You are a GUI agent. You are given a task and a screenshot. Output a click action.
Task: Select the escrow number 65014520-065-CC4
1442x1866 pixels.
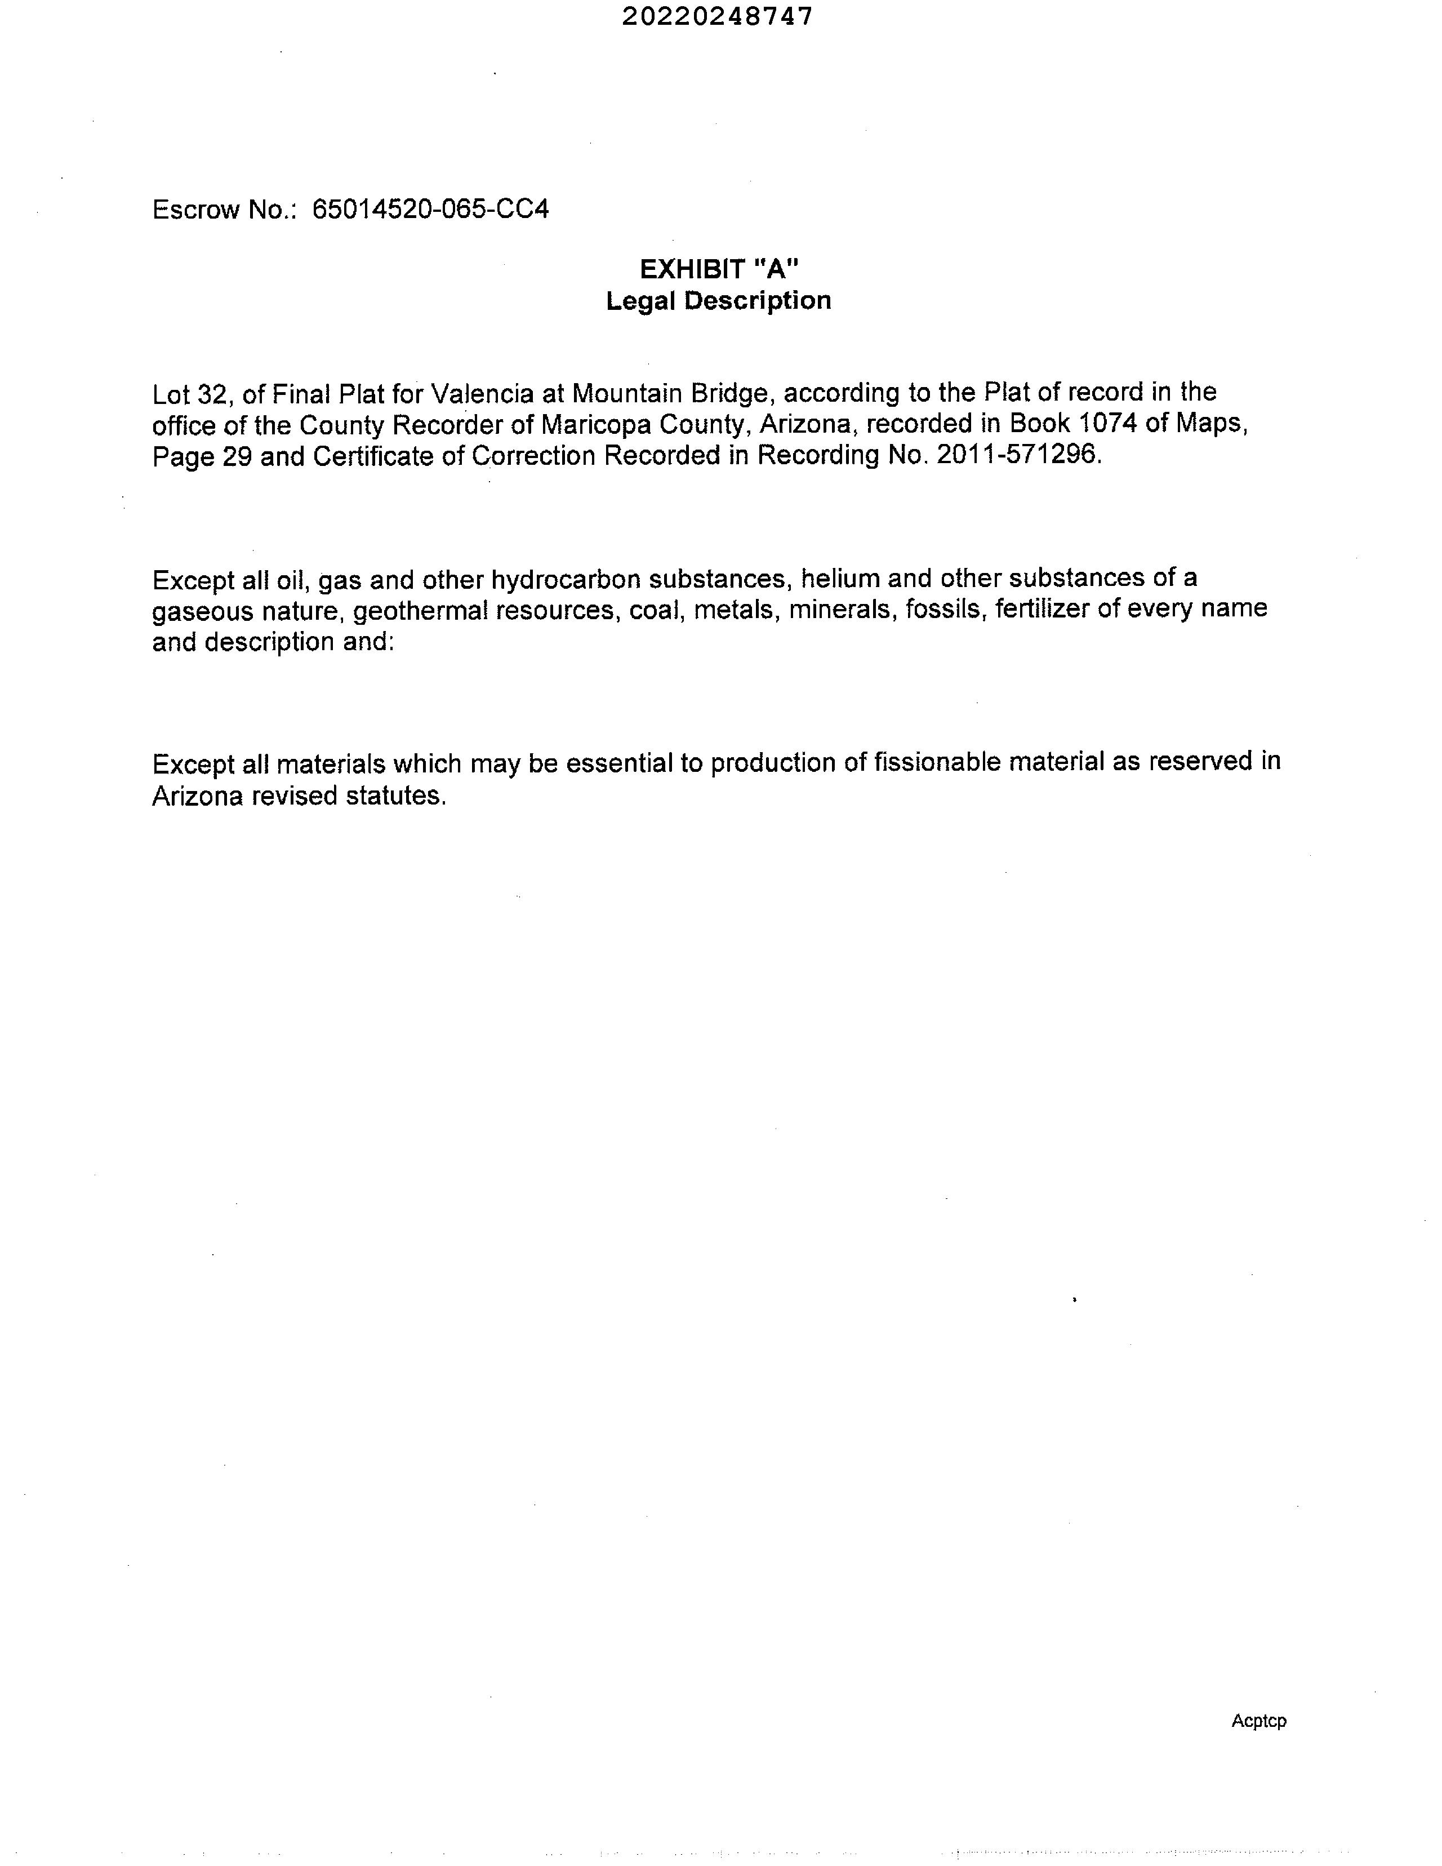(x=430, y=210)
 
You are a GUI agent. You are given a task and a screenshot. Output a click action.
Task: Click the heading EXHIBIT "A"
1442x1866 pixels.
(x=719, y=269)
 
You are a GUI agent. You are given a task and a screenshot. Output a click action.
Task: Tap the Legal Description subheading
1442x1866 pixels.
(x=718, y=301)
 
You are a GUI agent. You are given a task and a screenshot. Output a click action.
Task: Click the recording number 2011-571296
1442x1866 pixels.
(x=1017, y=455)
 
